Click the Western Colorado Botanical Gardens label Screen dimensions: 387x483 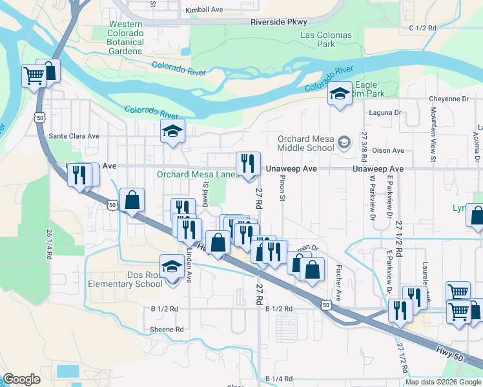125,42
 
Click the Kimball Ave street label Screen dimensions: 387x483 203,10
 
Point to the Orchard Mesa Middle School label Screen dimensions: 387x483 306,143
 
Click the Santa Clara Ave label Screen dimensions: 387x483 74,136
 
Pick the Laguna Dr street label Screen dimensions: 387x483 382,112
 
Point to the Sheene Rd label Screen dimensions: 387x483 167,329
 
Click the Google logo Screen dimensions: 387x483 22,379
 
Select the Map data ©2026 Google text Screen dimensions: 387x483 442,382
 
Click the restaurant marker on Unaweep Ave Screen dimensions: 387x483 248,165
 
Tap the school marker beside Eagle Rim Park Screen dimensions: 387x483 339,95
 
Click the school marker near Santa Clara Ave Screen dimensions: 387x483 172,132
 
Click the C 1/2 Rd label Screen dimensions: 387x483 423,28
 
